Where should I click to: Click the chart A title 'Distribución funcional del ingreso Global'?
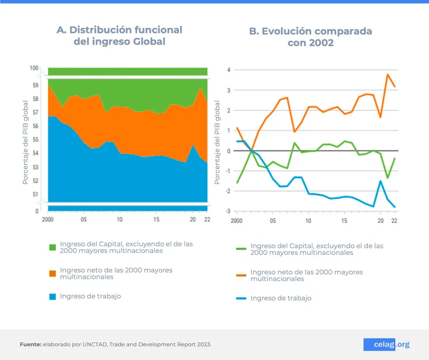119,36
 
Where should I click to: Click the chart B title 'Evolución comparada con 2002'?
310,37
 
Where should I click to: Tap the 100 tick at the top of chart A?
34,68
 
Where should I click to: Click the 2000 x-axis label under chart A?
48,219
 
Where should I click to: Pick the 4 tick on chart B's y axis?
229,70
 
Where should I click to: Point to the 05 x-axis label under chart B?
272,221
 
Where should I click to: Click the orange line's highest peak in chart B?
388,74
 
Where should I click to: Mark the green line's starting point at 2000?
237,183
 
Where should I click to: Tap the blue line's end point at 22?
395,207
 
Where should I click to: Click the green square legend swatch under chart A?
53,247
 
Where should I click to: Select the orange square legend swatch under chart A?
53,273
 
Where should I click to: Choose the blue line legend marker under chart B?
241,298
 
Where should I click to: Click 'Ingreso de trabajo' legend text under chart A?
90,296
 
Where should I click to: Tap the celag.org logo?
386,344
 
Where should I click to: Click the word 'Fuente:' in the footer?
30,345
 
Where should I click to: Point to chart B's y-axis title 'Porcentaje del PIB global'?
217,142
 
